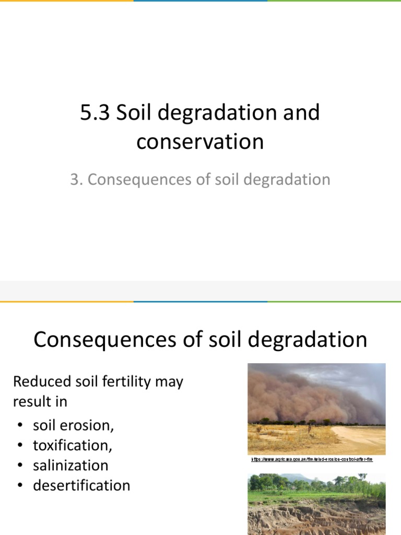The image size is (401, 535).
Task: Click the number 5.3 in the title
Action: click(x=96, y=113)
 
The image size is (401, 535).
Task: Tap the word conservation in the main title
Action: click(x=200, y=142)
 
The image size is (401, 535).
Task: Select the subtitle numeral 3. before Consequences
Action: click(x=76, y=180)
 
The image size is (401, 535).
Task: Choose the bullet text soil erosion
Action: click(x=73, y=425)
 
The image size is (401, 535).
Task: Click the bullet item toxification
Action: click(x=73, y=445)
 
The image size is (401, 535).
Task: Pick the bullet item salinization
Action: click(x=70, y=465)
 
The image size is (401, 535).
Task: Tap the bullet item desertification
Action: click(x=81, y=485)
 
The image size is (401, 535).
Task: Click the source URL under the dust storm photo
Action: click(x=312, y=459)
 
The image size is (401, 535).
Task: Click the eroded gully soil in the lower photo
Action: click(x=313, y=517)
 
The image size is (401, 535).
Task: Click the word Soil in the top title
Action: click(x=130, y=113)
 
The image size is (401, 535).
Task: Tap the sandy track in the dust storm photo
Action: click(x=360, y=439)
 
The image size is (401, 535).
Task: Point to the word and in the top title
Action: click(x=300, y=113)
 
